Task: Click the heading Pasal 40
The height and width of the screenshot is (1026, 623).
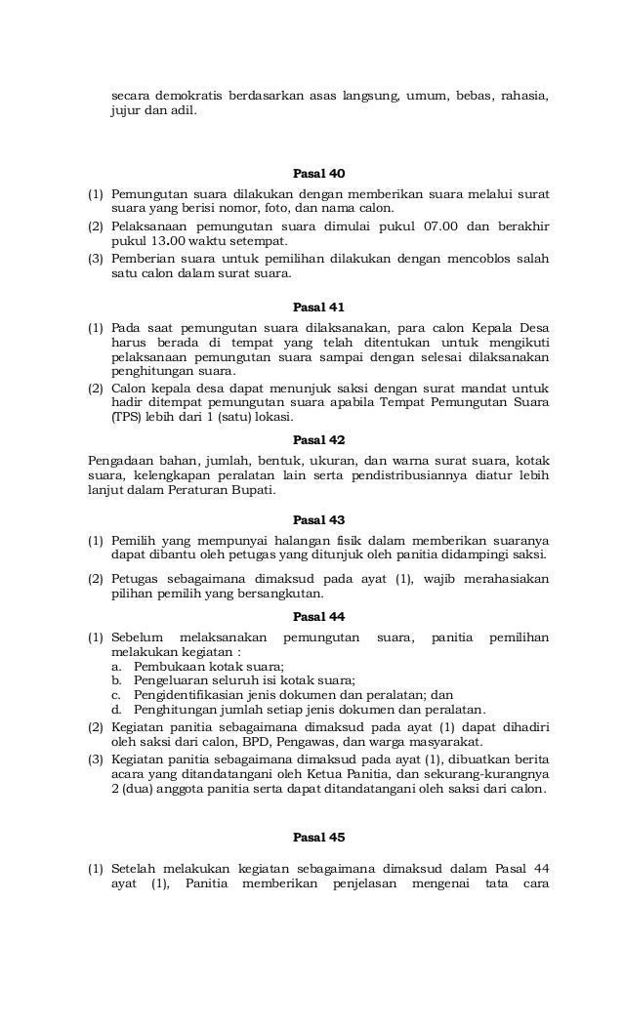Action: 318,174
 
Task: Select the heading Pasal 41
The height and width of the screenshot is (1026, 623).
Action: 318,307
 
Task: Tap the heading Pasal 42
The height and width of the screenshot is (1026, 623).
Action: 318,440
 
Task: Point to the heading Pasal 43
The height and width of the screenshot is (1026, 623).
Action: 318,520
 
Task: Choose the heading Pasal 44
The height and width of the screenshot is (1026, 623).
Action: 318,617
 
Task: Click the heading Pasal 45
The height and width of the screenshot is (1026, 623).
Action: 318,838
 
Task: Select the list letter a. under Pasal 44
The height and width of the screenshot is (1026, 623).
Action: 117,667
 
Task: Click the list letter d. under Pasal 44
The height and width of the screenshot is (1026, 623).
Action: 117,710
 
